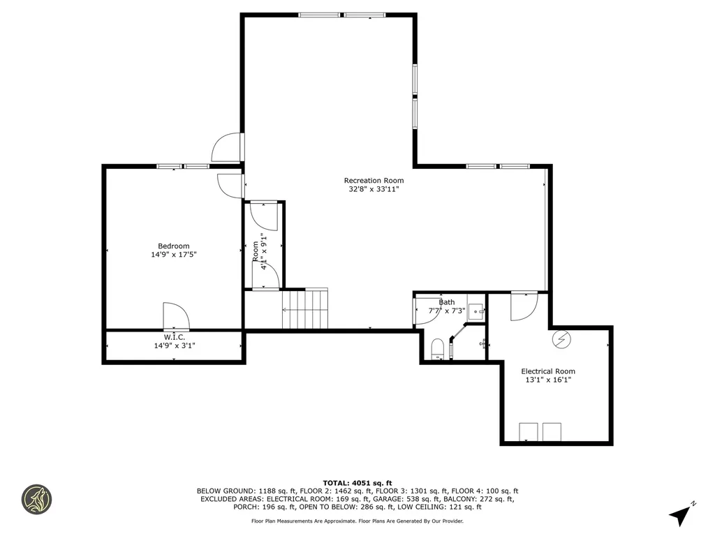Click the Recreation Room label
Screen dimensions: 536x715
[x=374, y=181]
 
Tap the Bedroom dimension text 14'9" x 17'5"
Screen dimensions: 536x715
[x=173, y=255]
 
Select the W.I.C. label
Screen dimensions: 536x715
[x=174, y=337]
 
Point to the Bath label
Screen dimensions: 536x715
[x=446, y=302]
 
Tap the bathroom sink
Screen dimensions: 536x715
[x=476, y=311]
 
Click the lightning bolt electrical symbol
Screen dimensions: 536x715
[x=561, y=340]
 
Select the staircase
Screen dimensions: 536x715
[x=305, y=308]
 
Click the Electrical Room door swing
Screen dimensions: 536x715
[x=523, y=306]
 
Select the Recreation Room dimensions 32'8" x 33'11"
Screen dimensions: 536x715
[x=374, y=189]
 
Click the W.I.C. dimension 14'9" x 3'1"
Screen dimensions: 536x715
[x=174, y=345]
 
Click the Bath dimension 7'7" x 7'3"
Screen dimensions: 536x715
[x=446, y=311]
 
